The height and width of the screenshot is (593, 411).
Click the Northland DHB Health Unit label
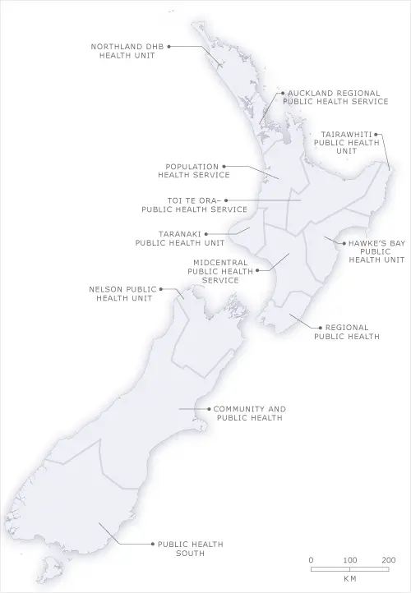pos(128,50)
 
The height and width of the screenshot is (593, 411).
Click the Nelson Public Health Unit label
pos(122,293)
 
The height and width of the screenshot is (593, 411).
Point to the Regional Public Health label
pos(346,332)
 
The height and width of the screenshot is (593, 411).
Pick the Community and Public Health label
pos(249,413)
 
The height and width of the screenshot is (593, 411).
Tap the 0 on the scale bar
pos(311,559)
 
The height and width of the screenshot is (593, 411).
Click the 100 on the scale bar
pos(349,559)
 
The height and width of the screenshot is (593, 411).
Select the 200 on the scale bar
pos(388,559)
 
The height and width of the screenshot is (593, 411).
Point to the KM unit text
pos(349,578)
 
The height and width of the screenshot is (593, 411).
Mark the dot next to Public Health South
pos(152,544)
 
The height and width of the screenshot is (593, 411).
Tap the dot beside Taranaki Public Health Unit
pos(206,234)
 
